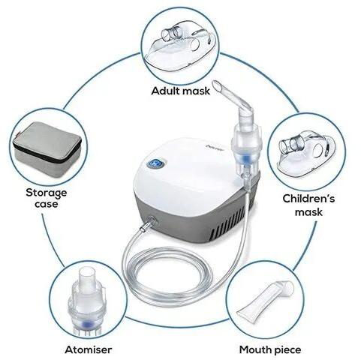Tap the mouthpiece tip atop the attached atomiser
click(x=229, y=91)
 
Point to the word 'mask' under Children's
click(x=307, y=212)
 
